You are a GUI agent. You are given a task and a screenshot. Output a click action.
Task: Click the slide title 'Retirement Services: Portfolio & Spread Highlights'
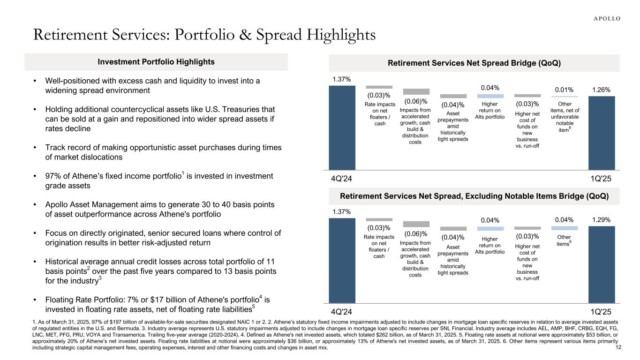click(203, 35)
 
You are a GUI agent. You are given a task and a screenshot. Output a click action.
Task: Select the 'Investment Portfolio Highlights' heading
click(156, 62)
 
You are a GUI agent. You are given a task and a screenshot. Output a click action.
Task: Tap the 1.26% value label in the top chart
click(601, 89)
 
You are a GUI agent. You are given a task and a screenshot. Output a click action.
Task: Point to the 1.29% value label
click(601, 220)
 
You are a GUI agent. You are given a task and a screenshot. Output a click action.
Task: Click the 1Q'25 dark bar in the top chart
click(602, 133)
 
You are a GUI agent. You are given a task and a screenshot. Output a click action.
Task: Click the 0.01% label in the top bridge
click(564, 89)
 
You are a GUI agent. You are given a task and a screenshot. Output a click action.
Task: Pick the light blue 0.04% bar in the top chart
click(490, 96)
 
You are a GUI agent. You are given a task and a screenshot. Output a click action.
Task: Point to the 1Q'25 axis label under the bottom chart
click(602, 311)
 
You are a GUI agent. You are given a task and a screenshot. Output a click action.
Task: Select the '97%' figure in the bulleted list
click(53, 176)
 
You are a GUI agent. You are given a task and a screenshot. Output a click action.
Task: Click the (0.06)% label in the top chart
click(416, 101)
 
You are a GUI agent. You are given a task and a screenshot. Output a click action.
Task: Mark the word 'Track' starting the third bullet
click(55, 148)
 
